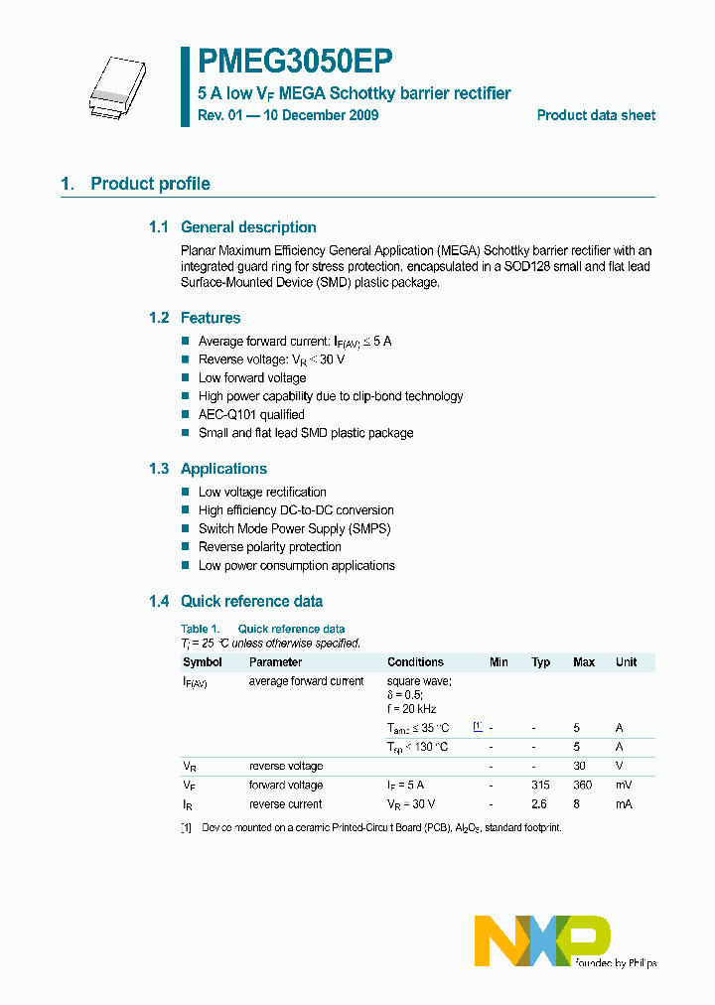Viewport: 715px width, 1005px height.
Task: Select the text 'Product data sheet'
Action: pyautogui.click(x=596, y=115)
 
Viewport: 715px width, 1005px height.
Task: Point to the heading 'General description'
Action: pyautogui.click(x=248, y=227)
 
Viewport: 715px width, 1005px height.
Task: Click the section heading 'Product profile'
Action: pyautogui.click(x=150, y=184)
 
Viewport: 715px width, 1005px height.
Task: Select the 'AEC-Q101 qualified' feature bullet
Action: pyautogui.click(x=251, y=414)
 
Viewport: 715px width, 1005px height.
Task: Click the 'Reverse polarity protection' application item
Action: pyautogui.click(x=269, y=547)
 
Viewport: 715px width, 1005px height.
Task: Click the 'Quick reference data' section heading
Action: pyautogui.click(x=251, y=601)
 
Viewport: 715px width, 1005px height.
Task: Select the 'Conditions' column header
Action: pyautogui.click(x=415, y=662)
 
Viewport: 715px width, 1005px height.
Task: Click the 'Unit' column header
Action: pyautogui.click(x=626, y=662)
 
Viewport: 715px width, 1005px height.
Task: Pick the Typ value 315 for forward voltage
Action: pyautogui.click(x=540, y=786)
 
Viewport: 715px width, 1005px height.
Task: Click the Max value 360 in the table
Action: pyautogui.click(x=584, y=786)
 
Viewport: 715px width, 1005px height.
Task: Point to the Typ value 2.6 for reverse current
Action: pyautogui.click(x=540, y=804)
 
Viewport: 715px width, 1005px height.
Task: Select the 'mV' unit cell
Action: pyautogui.click(x=623, y=786)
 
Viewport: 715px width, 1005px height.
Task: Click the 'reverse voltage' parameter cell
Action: pyautogui.click(x=285, y=767)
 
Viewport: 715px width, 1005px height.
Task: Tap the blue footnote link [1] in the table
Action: pyautogui.click(x=478, y=727)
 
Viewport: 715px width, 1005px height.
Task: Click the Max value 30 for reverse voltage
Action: pyautogui.click(x=580, y=767)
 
